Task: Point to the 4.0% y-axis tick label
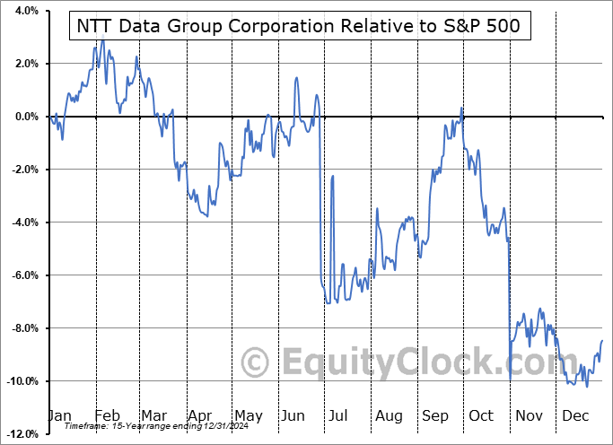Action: (24, 11)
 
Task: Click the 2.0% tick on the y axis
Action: (24, 64)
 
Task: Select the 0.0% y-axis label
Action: (24, 117)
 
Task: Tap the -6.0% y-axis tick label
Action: (22, 275)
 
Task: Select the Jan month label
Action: (58, 415)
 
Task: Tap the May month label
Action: (248, 415)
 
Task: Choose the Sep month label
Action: (436, 415)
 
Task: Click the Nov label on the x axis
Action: (530, 415)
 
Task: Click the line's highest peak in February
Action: (102, 40)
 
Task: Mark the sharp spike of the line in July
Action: (333, 176)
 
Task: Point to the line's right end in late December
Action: (601, 341)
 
